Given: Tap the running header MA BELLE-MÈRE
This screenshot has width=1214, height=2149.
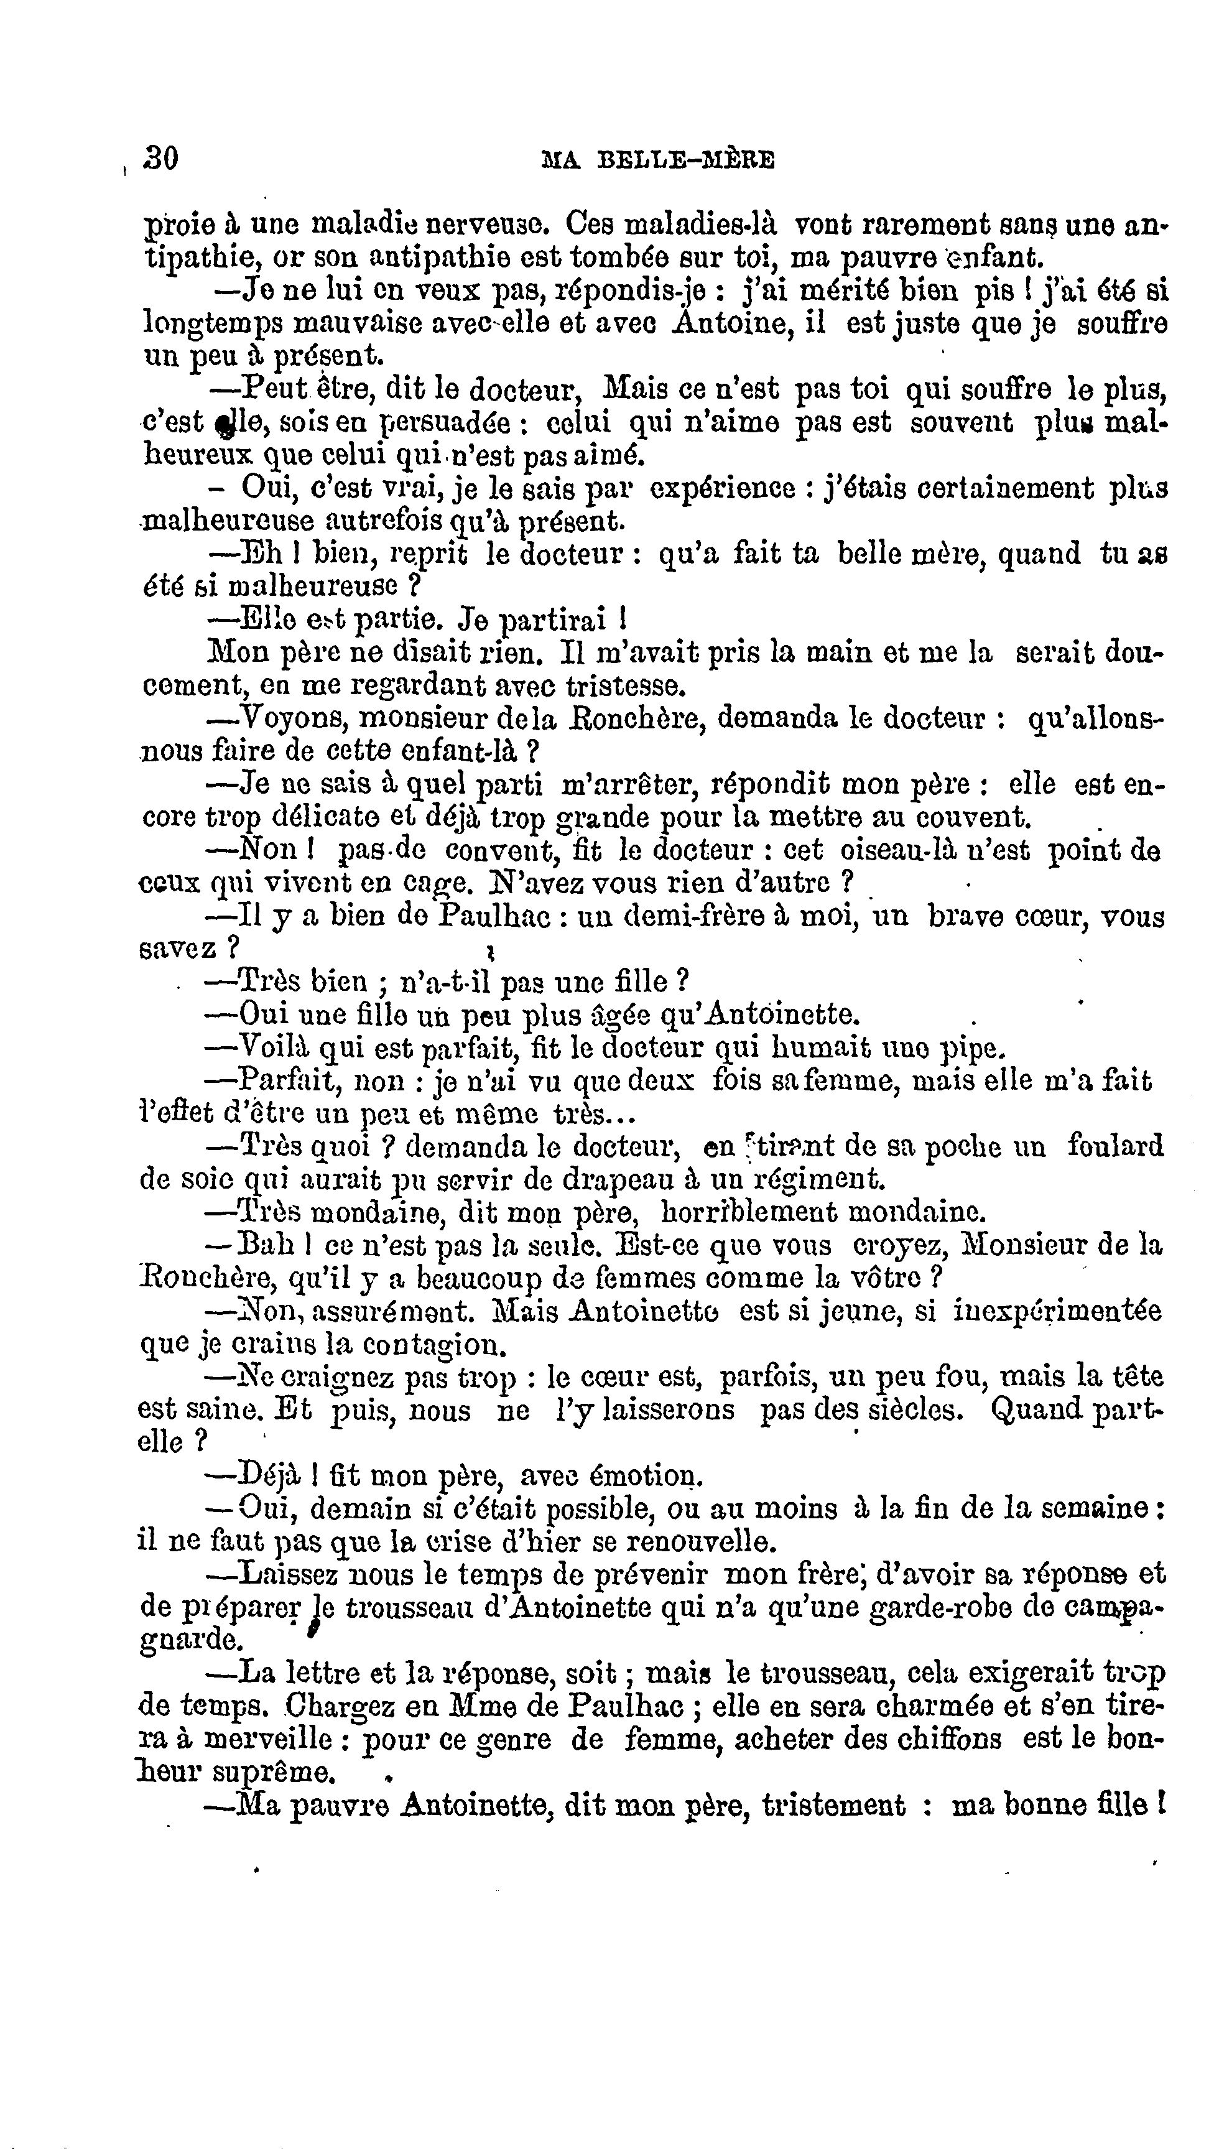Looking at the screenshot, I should coord(659,159).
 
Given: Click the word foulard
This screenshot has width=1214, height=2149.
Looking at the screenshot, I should coord(1116,1146).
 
